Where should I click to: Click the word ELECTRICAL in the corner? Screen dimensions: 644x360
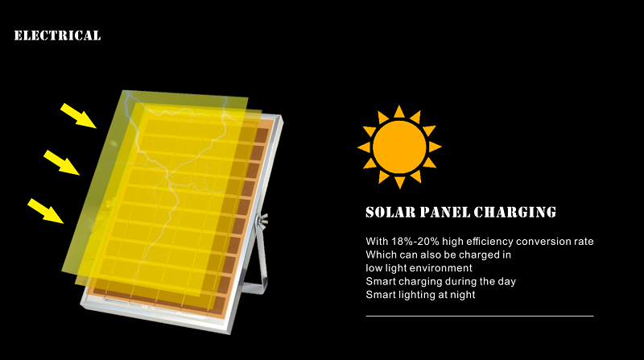coord(57,35)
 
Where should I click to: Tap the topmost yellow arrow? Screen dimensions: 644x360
coord(78,115)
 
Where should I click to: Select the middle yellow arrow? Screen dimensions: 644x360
coord(62,163)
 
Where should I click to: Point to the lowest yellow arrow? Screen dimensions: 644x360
coord(46,211)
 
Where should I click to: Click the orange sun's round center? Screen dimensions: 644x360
coord(399,147)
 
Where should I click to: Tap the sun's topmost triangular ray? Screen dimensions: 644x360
coord(399,112)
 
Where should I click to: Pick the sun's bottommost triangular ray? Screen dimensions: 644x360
coord(399,182)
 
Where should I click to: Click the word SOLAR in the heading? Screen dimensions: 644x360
coord(390,212)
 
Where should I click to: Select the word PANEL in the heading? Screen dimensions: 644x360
coord(445,212)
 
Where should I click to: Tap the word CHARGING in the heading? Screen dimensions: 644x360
coord(515,212)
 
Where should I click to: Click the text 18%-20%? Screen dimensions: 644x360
coord(415,242)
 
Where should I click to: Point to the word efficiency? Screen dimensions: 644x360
coord(489,242)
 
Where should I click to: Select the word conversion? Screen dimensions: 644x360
coord(538,242)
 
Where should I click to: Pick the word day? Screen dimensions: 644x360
coord(506,282)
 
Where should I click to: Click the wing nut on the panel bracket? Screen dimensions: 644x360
coord(262,220)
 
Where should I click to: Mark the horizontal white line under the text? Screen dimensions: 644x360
coord(480,316)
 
